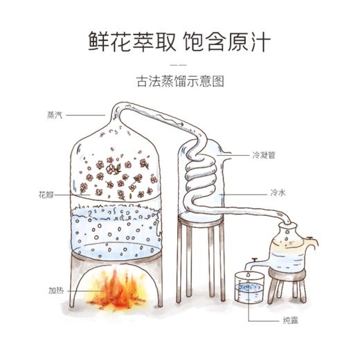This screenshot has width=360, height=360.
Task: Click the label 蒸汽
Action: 53,114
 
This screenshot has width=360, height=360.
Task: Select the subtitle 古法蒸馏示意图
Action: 180,80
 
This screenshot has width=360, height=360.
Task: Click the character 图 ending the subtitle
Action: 222,80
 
